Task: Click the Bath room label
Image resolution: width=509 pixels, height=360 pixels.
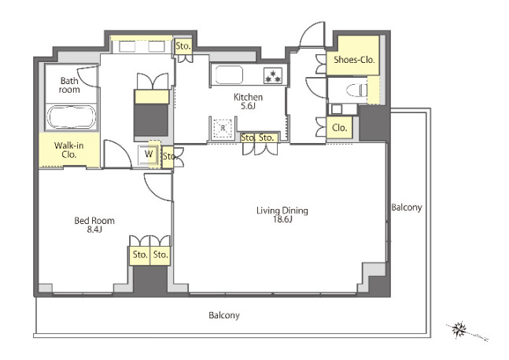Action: pos(69,85)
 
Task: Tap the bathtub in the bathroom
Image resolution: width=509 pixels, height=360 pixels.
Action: pos(72,117)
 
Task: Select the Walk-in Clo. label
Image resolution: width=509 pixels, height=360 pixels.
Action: pos(68,150)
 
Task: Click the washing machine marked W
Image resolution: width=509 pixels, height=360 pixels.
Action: pos(148,155)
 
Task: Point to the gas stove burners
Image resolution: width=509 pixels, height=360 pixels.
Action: pos(273,76)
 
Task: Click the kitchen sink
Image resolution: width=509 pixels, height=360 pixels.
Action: pos(229,75)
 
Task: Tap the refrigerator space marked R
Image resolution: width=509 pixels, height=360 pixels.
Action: pos(223,128)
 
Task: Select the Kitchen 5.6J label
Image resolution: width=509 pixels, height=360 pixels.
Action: pos(249,101)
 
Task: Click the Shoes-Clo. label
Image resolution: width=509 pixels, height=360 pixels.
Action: pos(354,60)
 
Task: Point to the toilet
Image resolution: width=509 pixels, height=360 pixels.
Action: pos(356,90)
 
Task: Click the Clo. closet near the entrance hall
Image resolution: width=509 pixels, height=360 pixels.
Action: pos(340,128)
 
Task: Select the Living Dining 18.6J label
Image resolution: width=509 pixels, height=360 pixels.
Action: pos(282,215)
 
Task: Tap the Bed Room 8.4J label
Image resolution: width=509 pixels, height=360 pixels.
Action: pos(94,225)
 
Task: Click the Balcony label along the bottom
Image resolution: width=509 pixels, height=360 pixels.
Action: pos(224,315)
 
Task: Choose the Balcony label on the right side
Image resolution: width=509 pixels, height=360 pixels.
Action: pos(407,208)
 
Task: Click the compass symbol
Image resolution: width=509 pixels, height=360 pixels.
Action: pos(459,330)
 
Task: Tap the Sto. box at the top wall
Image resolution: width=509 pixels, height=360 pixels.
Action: pos(183,46)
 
